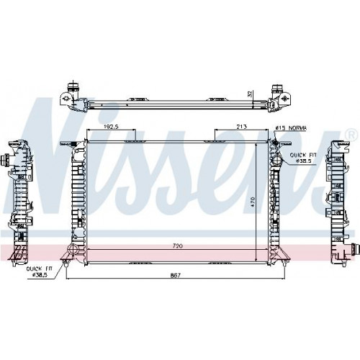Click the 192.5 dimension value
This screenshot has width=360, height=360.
click(x=112, y=127)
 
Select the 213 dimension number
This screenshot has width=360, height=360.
click(x=241, y=127)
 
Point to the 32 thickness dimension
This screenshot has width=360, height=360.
click(x=251, y=94)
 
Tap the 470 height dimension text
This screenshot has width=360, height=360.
click(x=252, y=202)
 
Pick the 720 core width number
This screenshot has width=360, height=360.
click(x=178, y=246)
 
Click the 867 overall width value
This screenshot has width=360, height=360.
click(x=175, y=275)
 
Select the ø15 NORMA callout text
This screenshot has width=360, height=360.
click(x=291, y=128)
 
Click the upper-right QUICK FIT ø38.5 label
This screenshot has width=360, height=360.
click(x=303, y=158)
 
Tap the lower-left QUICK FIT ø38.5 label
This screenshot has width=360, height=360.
click(x=40, y=271)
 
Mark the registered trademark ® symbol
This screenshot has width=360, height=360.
click(x=351, y=135)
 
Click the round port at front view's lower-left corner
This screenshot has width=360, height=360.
click(x=72, y=249)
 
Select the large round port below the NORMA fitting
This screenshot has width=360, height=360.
click(x=277, y=160)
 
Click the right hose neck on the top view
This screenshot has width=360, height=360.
click(x=276, y=89)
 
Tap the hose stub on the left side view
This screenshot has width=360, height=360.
click(x=4, y=160)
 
